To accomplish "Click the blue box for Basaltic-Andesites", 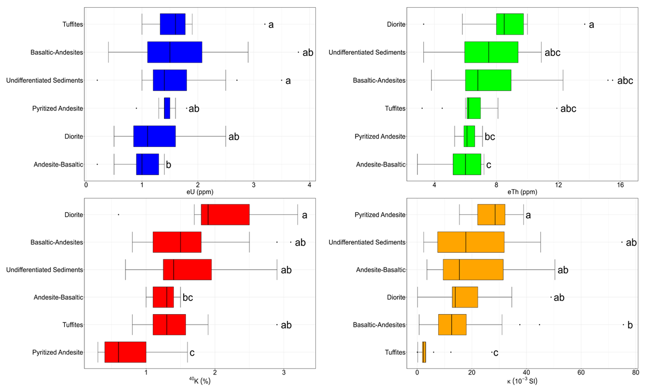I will point(174,52).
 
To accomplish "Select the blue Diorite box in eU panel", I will point(154,136).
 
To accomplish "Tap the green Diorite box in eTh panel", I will point(509,24).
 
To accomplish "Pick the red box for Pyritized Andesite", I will point(125,352).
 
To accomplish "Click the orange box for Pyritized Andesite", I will point(491,214).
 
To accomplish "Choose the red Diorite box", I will point(225,214).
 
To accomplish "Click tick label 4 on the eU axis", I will point(310,185).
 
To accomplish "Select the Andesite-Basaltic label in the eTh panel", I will point(381,164).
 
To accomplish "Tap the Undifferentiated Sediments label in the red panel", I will point(45,270).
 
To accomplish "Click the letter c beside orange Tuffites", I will point(496,353).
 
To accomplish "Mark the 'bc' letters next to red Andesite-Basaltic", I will point(188,297).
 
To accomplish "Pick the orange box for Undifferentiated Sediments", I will point(471,242).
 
